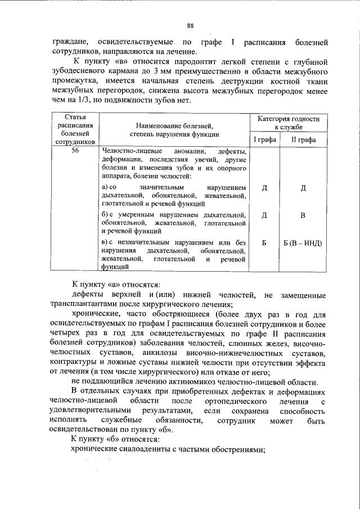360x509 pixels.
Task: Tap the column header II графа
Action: tap(303, 139)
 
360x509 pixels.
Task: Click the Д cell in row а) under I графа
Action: tap(264, 188)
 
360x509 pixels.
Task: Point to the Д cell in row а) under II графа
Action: tap(303, 188)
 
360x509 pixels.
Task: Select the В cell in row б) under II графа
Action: tap(303, 215)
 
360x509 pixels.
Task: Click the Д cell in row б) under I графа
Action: tap(264, 215)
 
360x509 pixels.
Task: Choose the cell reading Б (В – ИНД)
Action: tap(303, 243)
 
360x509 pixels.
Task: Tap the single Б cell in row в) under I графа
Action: tap(264, 243)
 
